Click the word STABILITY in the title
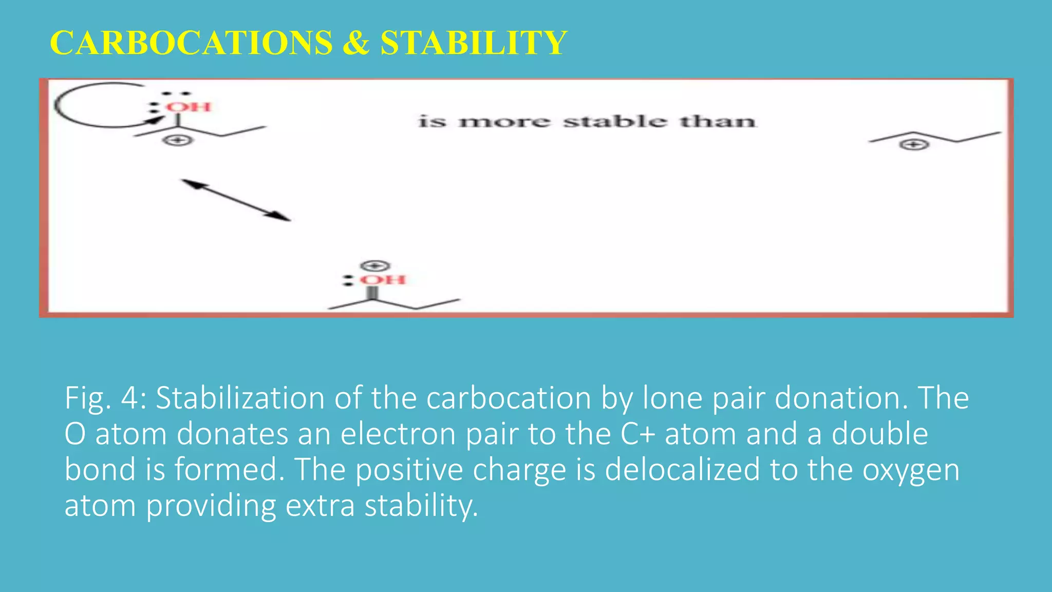(x=473, y=43)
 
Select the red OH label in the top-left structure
(x=189, y=107)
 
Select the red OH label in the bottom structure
(x=383, y=280)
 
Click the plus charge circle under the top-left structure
(x=178, y=140)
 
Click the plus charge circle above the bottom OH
(x=375, y=266)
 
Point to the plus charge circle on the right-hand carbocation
(x=914, y=145)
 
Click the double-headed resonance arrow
(x=236, y=200)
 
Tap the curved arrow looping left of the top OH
(x=82, y=105)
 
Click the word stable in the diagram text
(x=615, y=122)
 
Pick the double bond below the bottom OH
(x=372, y=293)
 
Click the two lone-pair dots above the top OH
(x=177, y=94)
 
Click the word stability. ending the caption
(x=421, y=506)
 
